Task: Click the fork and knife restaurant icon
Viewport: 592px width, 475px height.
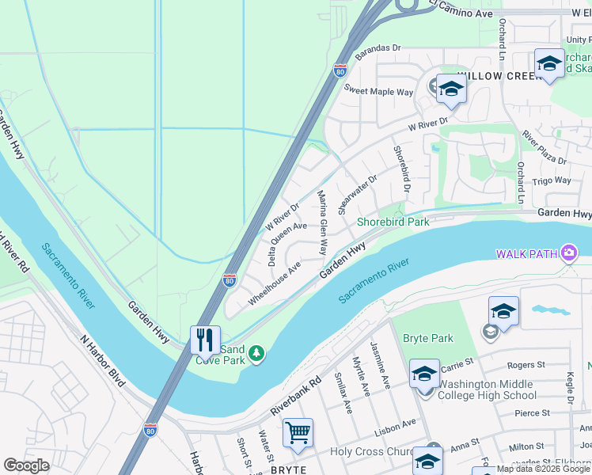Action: pyautogui.click(x=205, y=340)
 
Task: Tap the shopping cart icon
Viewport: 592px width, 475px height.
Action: pyautogui.click(x=298, y=432)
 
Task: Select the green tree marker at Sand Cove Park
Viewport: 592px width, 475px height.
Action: pyautogui.click(x=256, y=352)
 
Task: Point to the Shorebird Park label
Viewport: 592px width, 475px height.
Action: pyautogui.click(x=393, y=222)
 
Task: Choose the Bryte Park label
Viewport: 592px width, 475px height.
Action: pyautogui.click(x=428, y=338)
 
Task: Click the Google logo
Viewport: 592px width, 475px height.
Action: pyautogui.click(x=26, y=465)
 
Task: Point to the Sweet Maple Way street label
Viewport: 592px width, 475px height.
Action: pyautogui.click(x=378, y=92)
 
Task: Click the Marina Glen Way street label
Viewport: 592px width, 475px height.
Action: pyautogui.click(x=322, y=222)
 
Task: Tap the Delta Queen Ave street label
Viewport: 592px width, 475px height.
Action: pyautogui.click(x=286, y=243)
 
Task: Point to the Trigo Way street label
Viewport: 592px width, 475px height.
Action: pyautogui.click(x=552, y=180)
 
